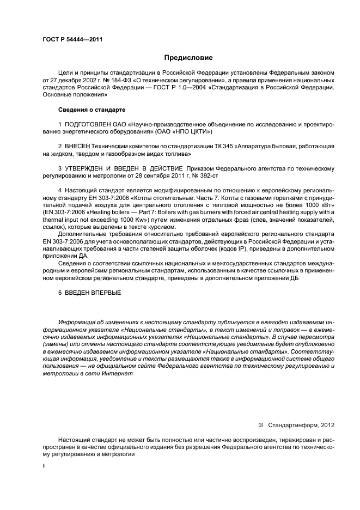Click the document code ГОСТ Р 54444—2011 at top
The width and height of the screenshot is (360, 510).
click(72, 40)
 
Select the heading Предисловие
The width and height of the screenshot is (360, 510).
click(188, 58)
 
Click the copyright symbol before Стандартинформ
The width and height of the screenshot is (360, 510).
click(260, 424)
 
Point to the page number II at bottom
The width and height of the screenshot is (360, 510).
click(44, 466)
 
